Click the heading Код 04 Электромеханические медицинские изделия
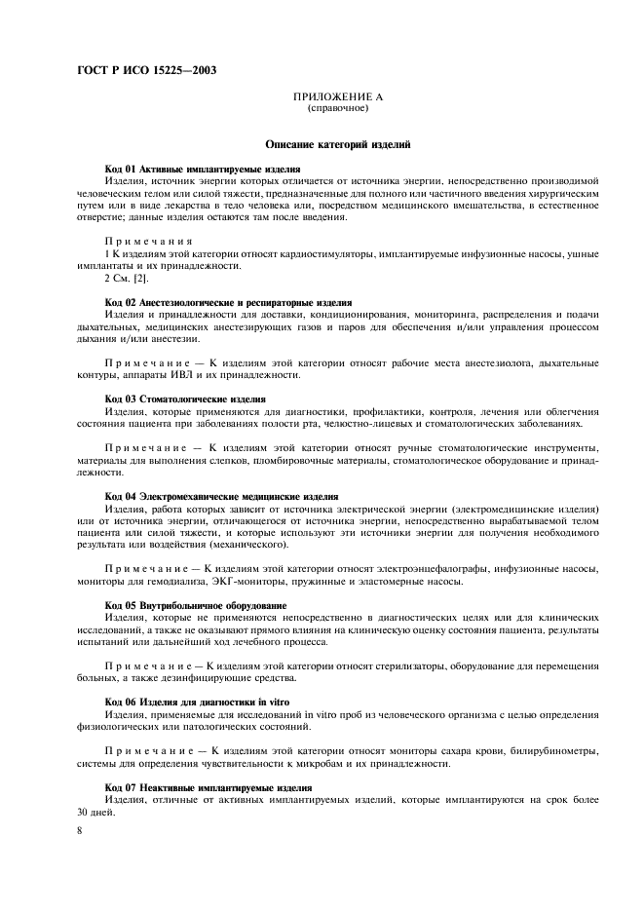click(x=221, y=496)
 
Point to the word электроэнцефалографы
click(x=426, y=570)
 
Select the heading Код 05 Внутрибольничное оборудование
click(x=195, y=606)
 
